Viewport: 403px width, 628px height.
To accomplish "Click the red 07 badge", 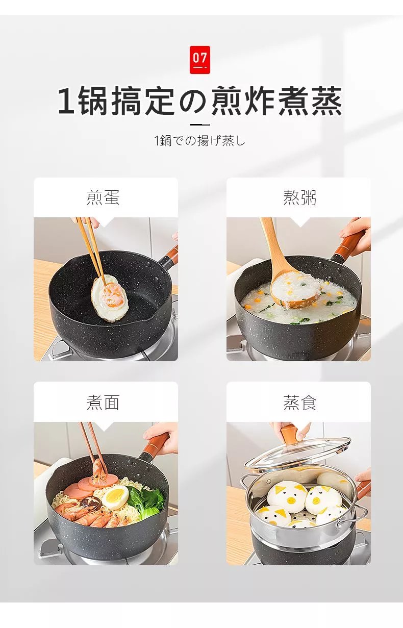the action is (200, 60).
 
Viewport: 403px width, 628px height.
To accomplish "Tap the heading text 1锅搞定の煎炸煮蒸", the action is (200, 101).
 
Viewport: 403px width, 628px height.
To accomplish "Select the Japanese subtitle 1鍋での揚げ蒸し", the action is (200, 140).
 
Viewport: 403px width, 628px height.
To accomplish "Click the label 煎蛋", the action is (103, 197).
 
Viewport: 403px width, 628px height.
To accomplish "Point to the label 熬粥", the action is (299, 197).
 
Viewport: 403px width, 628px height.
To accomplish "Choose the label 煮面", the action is (103, 403).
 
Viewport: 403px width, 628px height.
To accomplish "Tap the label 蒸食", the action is (299, 403).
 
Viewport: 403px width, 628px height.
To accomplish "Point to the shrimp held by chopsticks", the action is (98, 470).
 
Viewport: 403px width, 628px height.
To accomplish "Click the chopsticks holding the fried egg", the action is (92, 249).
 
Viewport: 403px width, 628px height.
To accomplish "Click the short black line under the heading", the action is (200, 124).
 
